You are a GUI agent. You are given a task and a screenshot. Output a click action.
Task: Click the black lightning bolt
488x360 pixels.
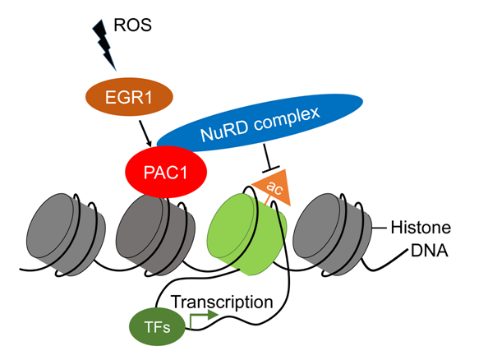(104, 44)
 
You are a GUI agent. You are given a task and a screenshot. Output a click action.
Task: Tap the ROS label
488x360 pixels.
(132, 25)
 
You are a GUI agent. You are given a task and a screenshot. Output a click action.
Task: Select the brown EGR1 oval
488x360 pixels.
(129, 97)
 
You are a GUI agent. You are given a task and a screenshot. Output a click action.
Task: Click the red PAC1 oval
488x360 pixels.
(166, 172)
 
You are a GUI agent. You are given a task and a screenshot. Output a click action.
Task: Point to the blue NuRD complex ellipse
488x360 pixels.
(260, 122)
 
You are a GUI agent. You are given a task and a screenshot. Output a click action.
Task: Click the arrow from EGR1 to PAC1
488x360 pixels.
(145, 134)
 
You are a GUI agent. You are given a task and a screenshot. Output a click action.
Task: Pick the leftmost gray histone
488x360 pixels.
(66, 234)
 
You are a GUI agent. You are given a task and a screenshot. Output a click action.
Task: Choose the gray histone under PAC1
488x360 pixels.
(155, 234)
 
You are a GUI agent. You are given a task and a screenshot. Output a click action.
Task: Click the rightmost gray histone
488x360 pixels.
(333, 234)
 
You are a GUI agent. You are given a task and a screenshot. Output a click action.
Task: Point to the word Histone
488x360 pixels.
(421, 228)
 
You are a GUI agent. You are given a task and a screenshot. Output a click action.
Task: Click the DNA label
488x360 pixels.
(430, 251)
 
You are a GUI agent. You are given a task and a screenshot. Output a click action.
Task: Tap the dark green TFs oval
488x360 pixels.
(157, 326)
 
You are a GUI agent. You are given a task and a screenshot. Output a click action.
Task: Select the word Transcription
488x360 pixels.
(222, 302)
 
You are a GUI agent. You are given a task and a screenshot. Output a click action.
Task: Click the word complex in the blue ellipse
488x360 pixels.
(287, 118)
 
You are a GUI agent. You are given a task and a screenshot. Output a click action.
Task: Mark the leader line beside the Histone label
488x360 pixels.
(380, 228)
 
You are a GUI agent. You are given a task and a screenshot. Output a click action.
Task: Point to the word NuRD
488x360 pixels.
(224, 131)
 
